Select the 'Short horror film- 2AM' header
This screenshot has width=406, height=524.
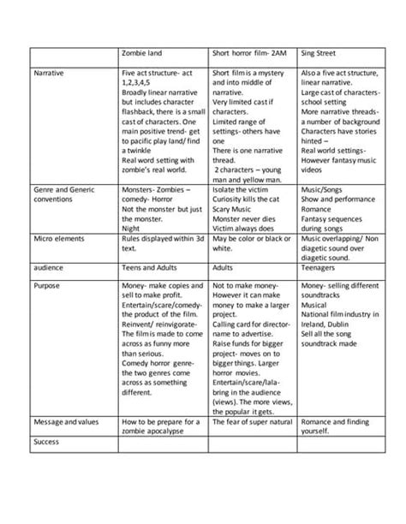click(x=247, y=53)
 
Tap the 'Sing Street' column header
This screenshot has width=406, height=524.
click(x=318, y=53)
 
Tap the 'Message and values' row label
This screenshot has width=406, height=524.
click(x=64, y=422)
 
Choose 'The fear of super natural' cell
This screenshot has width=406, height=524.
click(x=254, y=422)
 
